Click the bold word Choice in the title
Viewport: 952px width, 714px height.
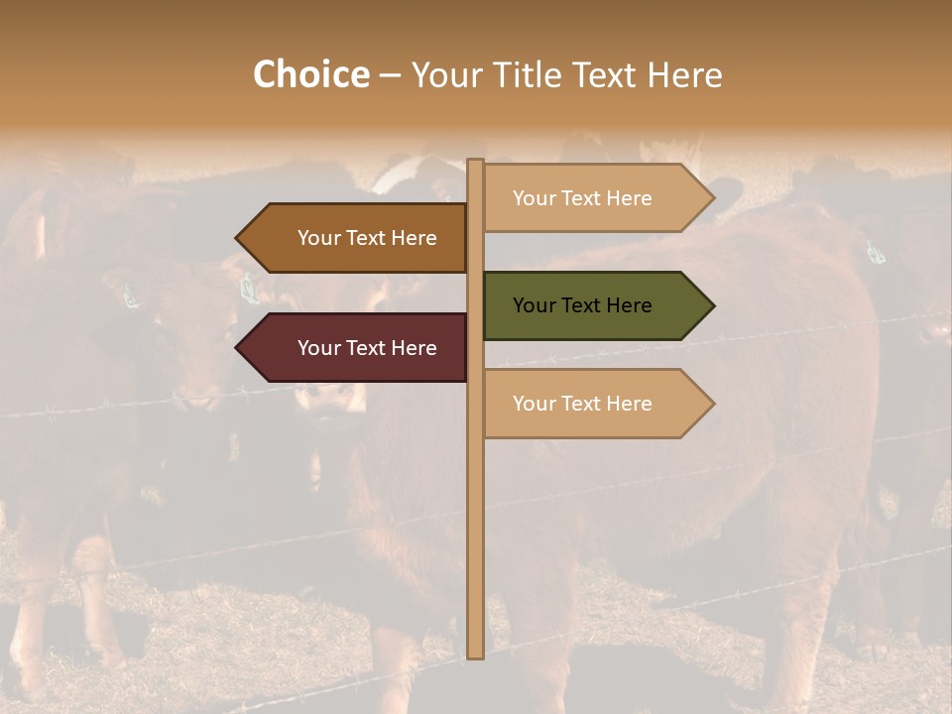pos(310,74)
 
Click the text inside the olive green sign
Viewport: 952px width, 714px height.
pos(582,305)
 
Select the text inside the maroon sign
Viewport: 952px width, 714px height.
pos(367,348)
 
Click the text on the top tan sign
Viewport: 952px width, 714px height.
pos(582,198)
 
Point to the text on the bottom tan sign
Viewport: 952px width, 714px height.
pos(582,404)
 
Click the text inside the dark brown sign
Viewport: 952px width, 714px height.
pos(367,238)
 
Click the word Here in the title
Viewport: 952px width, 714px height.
pos(685,74)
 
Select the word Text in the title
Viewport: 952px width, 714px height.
pos(604,74)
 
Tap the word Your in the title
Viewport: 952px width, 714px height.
pos(444,74)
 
